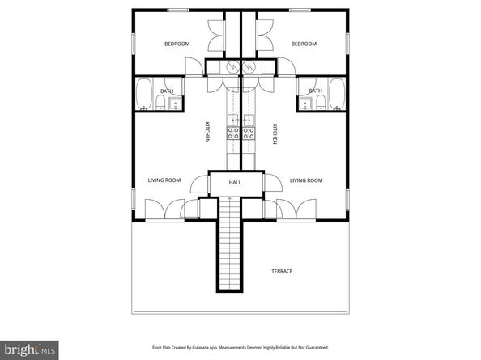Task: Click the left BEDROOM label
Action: [x=177, y=44]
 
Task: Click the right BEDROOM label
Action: [x=303, y=44]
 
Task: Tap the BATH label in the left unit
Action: [x=167, y=91]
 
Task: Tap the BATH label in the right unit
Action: [x=315, y=91]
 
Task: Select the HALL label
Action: [x=235, y=182]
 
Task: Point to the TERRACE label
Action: [x=282, y=271]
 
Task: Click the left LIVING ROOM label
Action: [x=164, y=180]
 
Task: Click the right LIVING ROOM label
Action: [x=306, y=180]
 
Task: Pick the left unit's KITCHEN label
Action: [x=207, y=133]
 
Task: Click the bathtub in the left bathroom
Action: [x=144, y=94]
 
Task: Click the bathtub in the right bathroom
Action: [x=337, y=94]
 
